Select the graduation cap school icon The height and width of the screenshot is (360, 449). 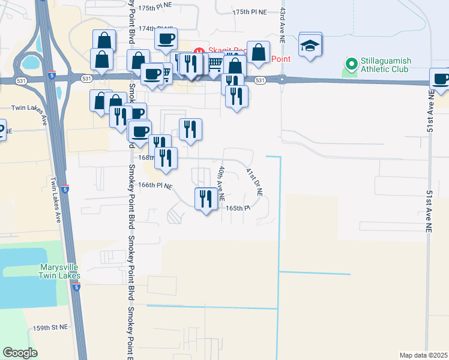pos(310,46)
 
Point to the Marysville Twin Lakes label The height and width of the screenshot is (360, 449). pos(59,271)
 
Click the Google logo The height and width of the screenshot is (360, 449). pos(20,353)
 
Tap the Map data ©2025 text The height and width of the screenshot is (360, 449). pos(423,355)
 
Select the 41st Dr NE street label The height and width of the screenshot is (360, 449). pos(255,182)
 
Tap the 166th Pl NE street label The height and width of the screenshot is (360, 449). pos(155,186)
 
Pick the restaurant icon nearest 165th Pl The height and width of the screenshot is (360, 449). pos(206,199)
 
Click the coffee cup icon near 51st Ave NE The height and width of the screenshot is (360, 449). pos(441,79)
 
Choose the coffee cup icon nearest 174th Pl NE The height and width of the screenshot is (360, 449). pos(166,39)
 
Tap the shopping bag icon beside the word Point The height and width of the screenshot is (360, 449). pos(259,52)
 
